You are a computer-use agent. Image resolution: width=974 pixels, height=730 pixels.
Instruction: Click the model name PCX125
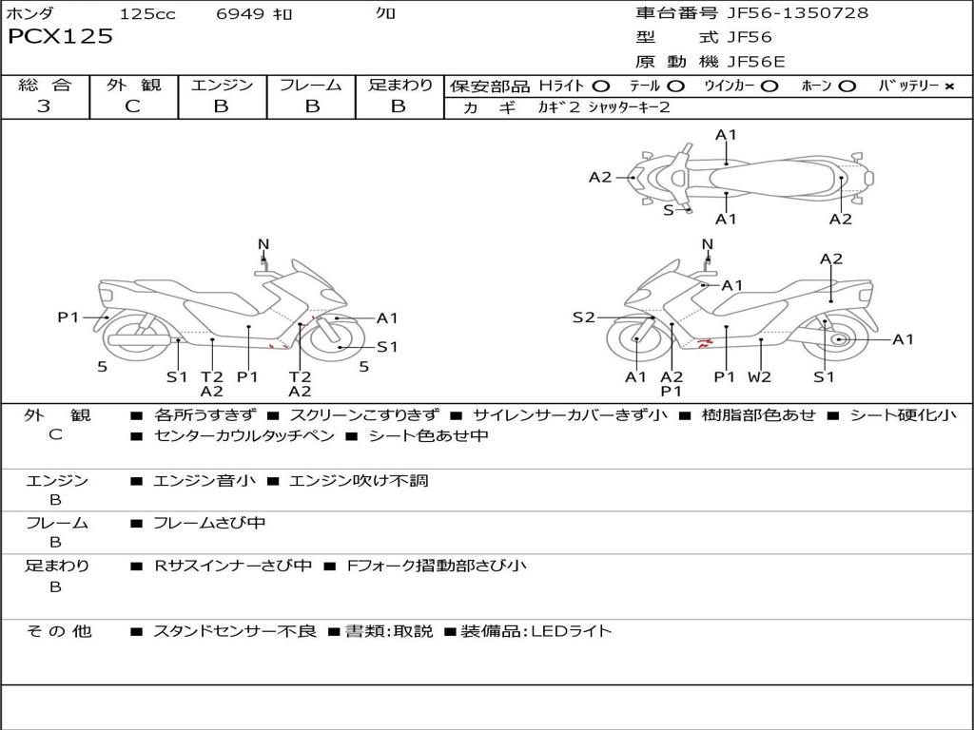tap(61, 37)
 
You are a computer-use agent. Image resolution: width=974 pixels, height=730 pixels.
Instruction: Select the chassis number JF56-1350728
tap(797, 13)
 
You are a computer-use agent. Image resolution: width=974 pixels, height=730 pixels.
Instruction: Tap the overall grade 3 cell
tap(44, 106)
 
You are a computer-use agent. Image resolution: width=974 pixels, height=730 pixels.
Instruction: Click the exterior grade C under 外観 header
tap(132, 106)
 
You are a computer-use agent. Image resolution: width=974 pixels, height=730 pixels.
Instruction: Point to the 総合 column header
tap(44, 86)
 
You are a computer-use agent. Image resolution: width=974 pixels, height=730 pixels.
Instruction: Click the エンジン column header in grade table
tap(222, 86)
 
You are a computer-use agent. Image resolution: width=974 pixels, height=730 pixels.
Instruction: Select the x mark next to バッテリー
tap(948, 86)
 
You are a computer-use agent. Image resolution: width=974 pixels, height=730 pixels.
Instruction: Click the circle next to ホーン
tap(847, 86)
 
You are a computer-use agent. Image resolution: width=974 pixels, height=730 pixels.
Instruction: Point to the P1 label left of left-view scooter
tap(68, 317)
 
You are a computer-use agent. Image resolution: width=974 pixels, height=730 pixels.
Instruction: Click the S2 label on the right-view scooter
tap(583, 317)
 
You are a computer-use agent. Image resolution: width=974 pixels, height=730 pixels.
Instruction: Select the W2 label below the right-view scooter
tap(759, 376)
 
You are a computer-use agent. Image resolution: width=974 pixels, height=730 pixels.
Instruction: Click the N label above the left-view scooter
tap(263, 244)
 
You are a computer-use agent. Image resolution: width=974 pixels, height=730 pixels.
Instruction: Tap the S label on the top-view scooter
tap(669, 210)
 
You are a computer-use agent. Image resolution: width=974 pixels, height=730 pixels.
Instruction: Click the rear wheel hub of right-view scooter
tap(839, 339)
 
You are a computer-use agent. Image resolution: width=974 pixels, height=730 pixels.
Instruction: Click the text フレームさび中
tap(209, 523)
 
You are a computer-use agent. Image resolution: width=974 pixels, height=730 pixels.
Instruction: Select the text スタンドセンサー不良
tap(234, 631)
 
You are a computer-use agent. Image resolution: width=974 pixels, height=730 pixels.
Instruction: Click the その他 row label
tap(58, 631)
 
